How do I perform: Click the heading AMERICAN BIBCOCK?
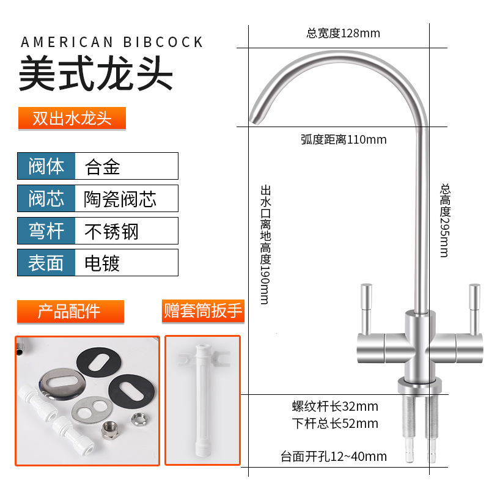[112, 42]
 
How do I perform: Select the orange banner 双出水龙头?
[72, 118]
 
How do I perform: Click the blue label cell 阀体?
[46, 166]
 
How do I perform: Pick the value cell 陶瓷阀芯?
[120, 199]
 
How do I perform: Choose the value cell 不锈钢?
[111, 231]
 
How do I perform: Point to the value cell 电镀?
[102, 263]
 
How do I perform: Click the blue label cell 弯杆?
[46, 231]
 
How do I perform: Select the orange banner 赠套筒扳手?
[202, 311]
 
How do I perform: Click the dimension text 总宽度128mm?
[343, 33]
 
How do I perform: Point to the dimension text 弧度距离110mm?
[344, 139]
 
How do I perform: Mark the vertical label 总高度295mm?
[444, 220]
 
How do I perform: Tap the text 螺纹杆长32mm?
[334, 406]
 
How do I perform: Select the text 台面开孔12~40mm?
[334, 456]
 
